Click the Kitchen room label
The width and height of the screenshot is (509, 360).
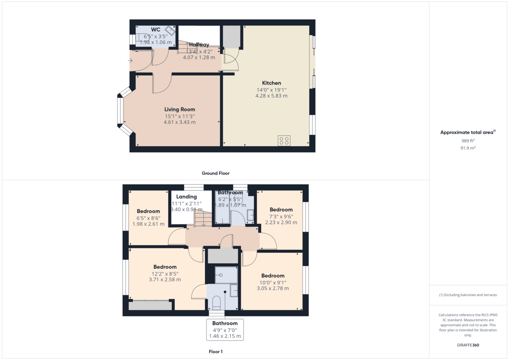pos(271,83)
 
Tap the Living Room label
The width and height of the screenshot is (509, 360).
pos(179,109)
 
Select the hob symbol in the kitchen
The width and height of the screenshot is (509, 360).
pos(284,140)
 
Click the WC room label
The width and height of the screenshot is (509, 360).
pos(155,30)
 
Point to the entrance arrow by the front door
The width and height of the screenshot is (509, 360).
pos(130,61)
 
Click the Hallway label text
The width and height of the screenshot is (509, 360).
pos(199,45)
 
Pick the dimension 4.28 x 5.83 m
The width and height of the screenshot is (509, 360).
pos(271,96)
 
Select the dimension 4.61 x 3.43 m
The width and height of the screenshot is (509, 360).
pos(179,122)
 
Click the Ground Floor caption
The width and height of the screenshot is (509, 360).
pos(215,173)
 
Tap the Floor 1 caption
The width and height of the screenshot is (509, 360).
pos(215,352)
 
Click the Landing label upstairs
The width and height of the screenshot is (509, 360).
pos(187,197)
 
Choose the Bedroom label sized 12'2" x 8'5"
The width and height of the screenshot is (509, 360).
pos(165,267)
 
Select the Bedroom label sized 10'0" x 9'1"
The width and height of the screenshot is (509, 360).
pos(273,276)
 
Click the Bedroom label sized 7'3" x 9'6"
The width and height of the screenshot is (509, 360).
pos(281,209)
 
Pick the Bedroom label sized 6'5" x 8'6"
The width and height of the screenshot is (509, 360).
pos(148,211)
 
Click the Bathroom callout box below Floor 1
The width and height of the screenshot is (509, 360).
pos(225,329)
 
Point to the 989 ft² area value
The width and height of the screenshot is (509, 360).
pos(468,140)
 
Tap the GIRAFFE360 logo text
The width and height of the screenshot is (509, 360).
pos(468,345)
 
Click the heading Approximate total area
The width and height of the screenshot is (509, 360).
pos(467,132)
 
